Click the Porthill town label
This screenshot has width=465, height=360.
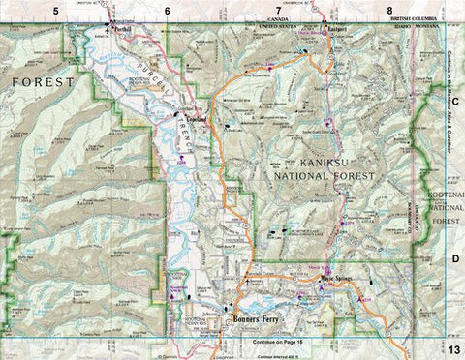tap(123, 27)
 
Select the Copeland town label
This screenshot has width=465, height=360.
tap(198, 117)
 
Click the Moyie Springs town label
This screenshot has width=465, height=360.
tap(338, 279)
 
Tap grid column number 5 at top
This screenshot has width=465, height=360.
tap(56, 9)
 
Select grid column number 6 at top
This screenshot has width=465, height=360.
tap(167, 9)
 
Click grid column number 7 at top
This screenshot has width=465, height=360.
tap(278, 9)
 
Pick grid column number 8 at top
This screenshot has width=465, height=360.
tap(389, 9)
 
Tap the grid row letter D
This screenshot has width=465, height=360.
tap(453, 259)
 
